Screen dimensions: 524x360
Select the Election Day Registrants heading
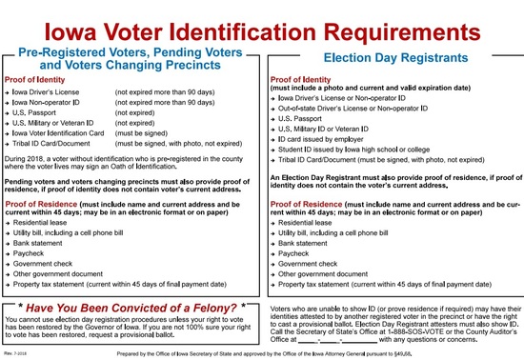click(x=393, y=57)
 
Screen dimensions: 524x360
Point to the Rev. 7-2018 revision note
click(x=14, y=353)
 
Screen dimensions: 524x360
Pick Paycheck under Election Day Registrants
click(x=293, y=254)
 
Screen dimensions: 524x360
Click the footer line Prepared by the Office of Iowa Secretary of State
click(x=261, y=353)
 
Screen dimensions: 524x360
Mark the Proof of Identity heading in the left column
click(x=37, y=78)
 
